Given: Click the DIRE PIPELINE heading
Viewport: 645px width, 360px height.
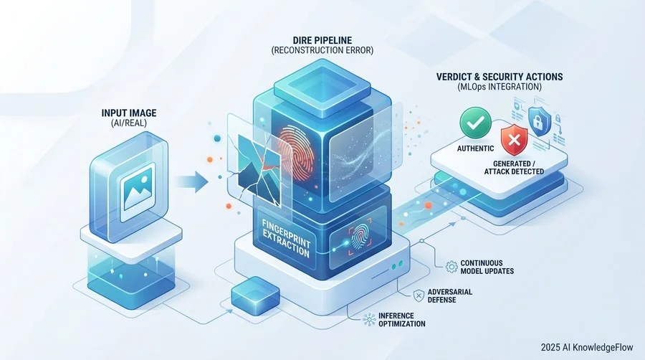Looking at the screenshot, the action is pyautogui.click(x=322, y=40).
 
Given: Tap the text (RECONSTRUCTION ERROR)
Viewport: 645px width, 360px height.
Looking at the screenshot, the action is pyautogui.click(x=322, y=50).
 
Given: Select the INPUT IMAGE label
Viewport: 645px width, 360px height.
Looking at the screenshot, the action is pyautogui.click(x=129, y=113).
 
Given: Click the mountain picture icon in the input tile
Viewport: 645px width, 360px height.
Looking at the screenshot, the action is pyautogui.click(x=137, y=191).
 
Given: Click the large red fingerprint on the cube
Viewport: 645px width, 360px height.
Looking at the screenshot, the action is pyautogui.click(x=296, y=152).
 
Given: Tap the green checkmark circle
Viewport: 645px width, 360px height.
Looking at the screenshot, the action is pyautogui.click(x=476, y=122).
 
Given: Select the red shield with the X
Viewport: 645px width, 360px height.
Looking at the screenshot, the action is pyautogui.click(x=514, y=140).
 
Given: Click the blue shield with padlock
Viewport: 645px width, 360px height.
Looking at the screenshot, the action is pyautogui.click(x=540, y=121).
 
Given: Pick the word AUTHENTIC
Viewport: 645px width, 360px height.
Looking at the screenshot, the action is pyautogui.click(x=476, y=148).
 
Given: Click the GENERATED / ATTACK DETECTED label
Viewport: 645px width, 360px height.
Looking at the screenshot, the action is pyautogui.click(x=514, y=168).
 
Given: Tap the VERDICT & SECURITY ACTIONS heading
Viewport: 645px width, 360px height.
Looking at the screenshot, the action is pyautogui.click(x=500, y=77).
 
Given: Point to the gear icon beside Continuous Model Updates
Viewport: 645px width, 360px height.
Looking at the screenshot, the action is pyautogui.click(x=451, y=267).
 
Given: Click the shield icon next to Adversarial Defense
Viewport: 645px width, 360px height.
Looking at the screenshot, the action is pyautogui.click(x=419, y=295).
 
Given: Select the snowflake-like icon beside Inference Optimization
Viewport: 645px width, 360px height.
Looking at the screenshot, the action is pyautogui.click(x=369, y=320).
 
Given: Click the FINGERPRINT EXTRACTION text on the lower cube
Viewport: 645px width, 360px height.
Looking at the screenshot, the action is pyautogui.click(x=286, y=238).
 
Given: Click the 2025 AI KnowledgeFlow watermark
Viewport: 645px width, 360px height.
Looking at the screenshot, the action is pyautogui.click(x=587, y=347).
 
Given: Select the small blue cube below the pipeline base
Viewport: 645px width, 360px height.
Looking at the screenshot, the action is pyautogui.click(x=255, y=296).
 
